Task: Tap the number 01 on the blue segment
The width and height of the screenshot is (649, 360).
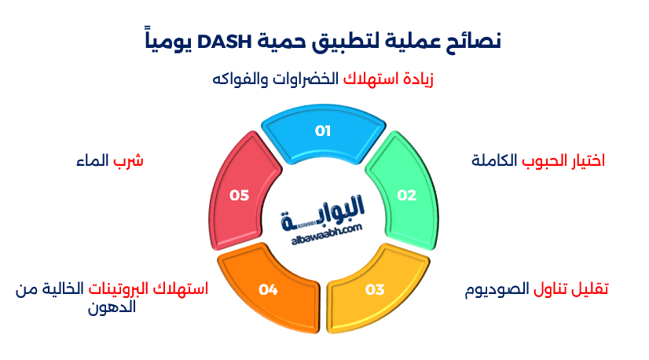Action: click(323, 130)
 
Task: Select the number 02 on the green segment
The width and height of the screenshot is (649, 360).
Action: click(406, 196)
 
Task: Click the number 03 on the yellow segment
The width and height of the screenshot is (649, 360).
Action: click(375, 289)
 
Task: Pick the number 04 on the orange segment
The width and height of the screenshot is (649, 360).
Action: click(268, 289)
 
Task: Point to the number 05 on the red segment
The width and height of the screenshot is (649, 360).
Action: click(239, 196)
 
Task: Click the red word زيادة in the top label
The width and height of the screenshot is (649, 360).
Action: click(417, 79)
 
